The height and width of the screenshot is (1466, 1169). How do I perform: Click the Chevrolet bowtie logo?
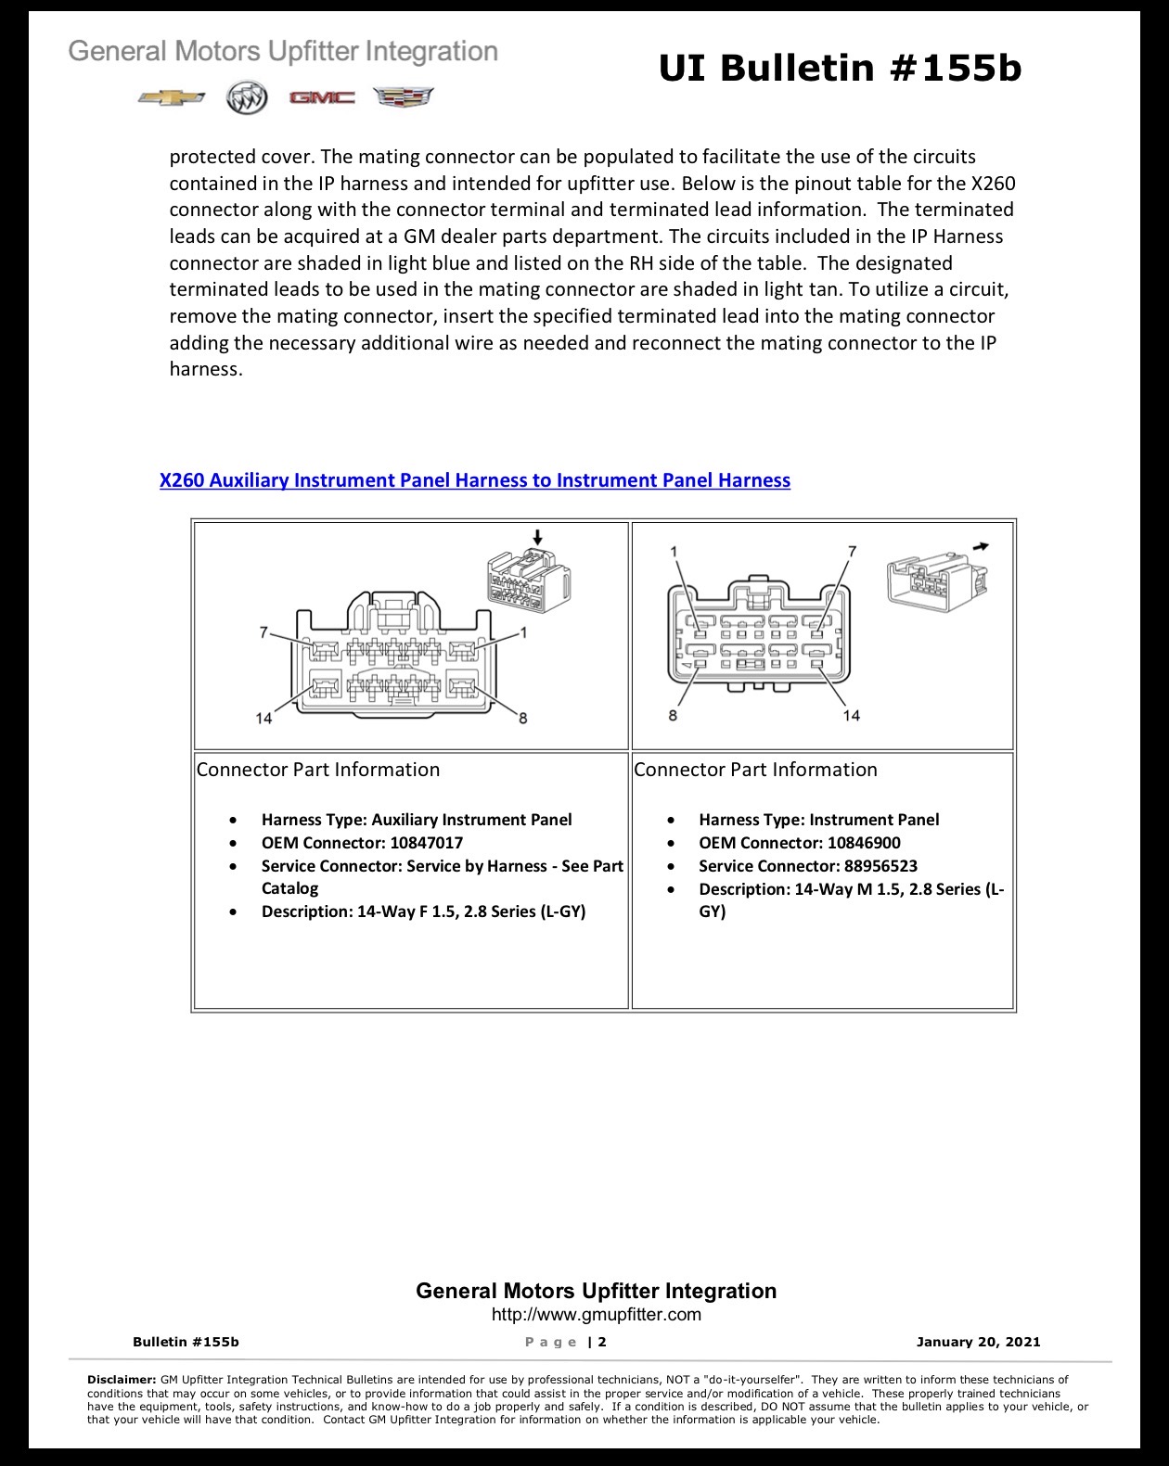(x=171, y=97)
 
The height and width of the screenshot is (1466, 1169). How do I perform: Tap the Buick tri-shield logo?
(x=247, y=98)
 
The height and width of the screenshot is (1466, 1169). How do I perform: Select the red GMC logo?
(x=322, y=98)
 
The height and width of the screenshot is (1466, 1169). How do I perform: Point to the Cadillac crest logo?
(x=404, y=96)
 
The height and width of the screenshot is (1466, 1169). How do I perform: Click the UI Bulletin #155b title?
(x=840, y=68)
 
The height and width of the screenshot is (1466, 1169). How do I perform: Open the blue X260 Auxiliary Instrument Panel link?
(x=475, y=480)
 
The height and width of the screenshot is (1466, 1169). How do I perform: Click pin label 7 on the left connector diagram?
(x=263, y=633)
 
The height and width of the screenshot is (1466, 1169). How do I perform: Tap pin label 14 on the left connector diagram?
(x=263, y=718)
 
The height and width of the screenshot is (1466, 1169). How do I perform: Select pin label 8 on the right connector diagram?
(x=673, y=715)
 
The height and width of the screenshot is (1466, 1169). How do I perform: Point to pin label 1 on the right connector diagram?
(x=674, y=551)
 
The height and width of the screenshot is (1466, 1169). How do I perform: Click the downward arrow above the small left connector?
(x=538, y=538)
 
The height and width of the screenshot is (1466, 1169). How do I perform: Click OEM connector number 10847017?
(x=426, y=843)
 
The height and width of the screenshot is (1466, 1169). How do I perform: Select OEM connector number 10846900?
(x=864, y=843)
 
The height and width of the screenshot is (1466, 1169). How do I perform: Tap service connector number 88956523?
(x=880, y=866)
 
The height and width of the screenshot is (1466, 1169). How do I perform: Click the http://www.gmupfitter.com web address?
(x=597, y=1314)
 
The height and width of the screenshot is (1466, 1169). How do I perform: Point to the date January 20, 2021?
(x=978, y=1342)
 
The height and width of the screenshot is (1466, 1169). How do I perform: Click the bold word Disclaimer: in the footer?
(x=122, y=1380)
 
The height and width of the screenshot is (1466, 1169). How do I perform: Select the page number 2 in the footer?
(x=602, y=1342)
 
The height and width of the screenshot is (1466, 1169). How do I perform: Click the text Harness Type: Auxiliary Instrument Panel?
(x=417, y=820)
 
